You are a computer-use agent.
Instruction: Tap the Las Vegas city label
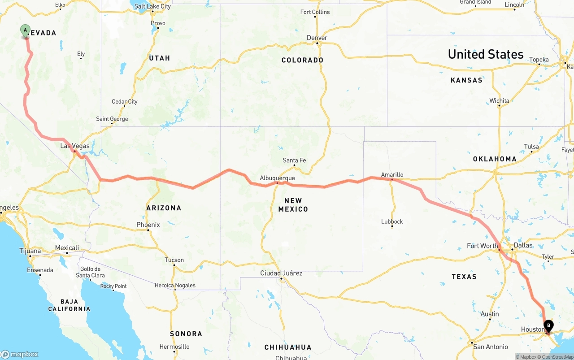(x=75, y=146)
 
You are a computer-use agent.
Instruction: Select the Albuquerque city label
(x=277, y=178)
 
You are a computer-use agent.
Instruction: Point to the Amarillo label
(x=392, y=174)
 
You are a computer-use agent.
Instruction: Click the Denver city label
(x=317, y=38)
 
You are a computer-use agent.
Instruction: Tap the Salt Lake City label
(x=152, y=6)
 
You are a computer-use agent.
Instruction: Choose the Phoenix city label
(x=148, y=225)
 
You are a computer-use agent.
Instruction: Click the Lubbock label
(x=392, y=221)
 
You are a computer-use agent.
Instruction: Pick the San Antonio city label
(x=491, y=347)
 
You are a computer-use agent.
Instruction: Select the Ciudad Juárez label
(x=281, y=273)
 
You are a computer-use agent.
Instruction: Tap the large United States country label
(x=486, y=54)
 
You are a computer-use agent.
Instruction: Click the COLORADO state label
(x=302, y=60)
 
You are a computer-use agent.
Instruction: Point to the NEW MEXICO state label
(x=293, y=205)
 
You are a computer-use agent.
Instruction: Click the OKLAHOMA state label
(x=495, y=159)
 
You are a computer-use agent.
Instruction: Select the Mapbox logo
(x=20, y=354)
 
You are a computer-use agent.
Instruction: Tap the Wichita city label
(x=499, y=100)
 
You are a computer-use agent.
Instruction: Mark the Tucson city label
(x=174, y=260)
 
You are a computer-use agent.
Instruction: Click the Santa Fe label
(x=294, y=160)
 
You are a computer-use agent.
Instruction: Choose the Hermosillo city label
(x=174, y=347)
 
